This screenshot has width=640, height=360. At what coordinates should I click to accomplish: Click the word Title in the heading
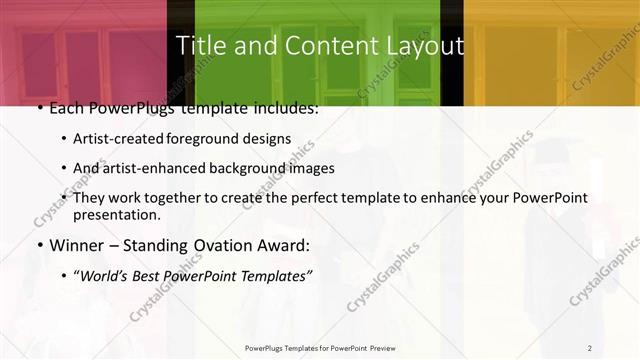(198, 46)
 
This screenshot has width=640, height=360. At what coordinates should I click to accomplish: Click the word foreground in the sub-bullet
(209, 139)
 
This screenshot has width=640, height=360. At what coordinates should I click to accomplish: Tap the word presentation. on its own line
(117, 215)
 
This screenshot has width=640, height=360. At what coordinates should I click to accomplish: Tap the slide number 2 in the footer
(590, 348)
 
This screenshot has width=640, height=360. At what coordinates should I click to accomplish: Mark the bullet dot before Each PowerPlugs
(39, 108)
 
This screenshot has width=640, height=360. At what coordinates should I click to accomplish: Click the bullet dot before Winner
(39, 245)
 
